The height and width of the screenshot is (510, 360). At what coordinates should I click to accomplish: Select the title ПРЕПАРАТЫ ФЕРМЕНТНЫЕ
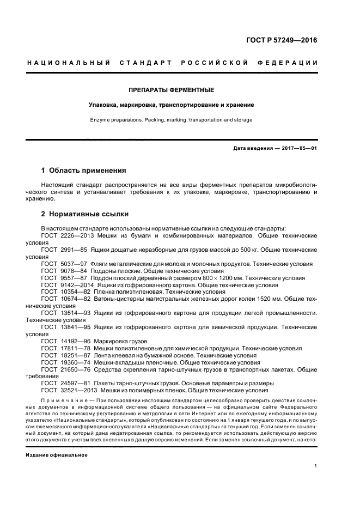(172, 89)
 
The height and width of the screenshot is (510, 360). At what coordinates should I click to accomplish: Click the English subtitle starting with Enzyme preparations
(172, 119)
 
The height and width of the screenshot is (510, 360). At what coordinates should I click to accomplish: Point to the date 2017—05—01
(298, 148)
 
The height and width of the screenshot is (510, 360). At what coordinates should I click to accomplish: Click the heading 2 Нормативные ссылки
(85, 214)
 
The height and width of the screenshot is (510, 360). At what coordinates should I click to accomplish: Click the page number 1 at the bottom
(316, 466)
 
